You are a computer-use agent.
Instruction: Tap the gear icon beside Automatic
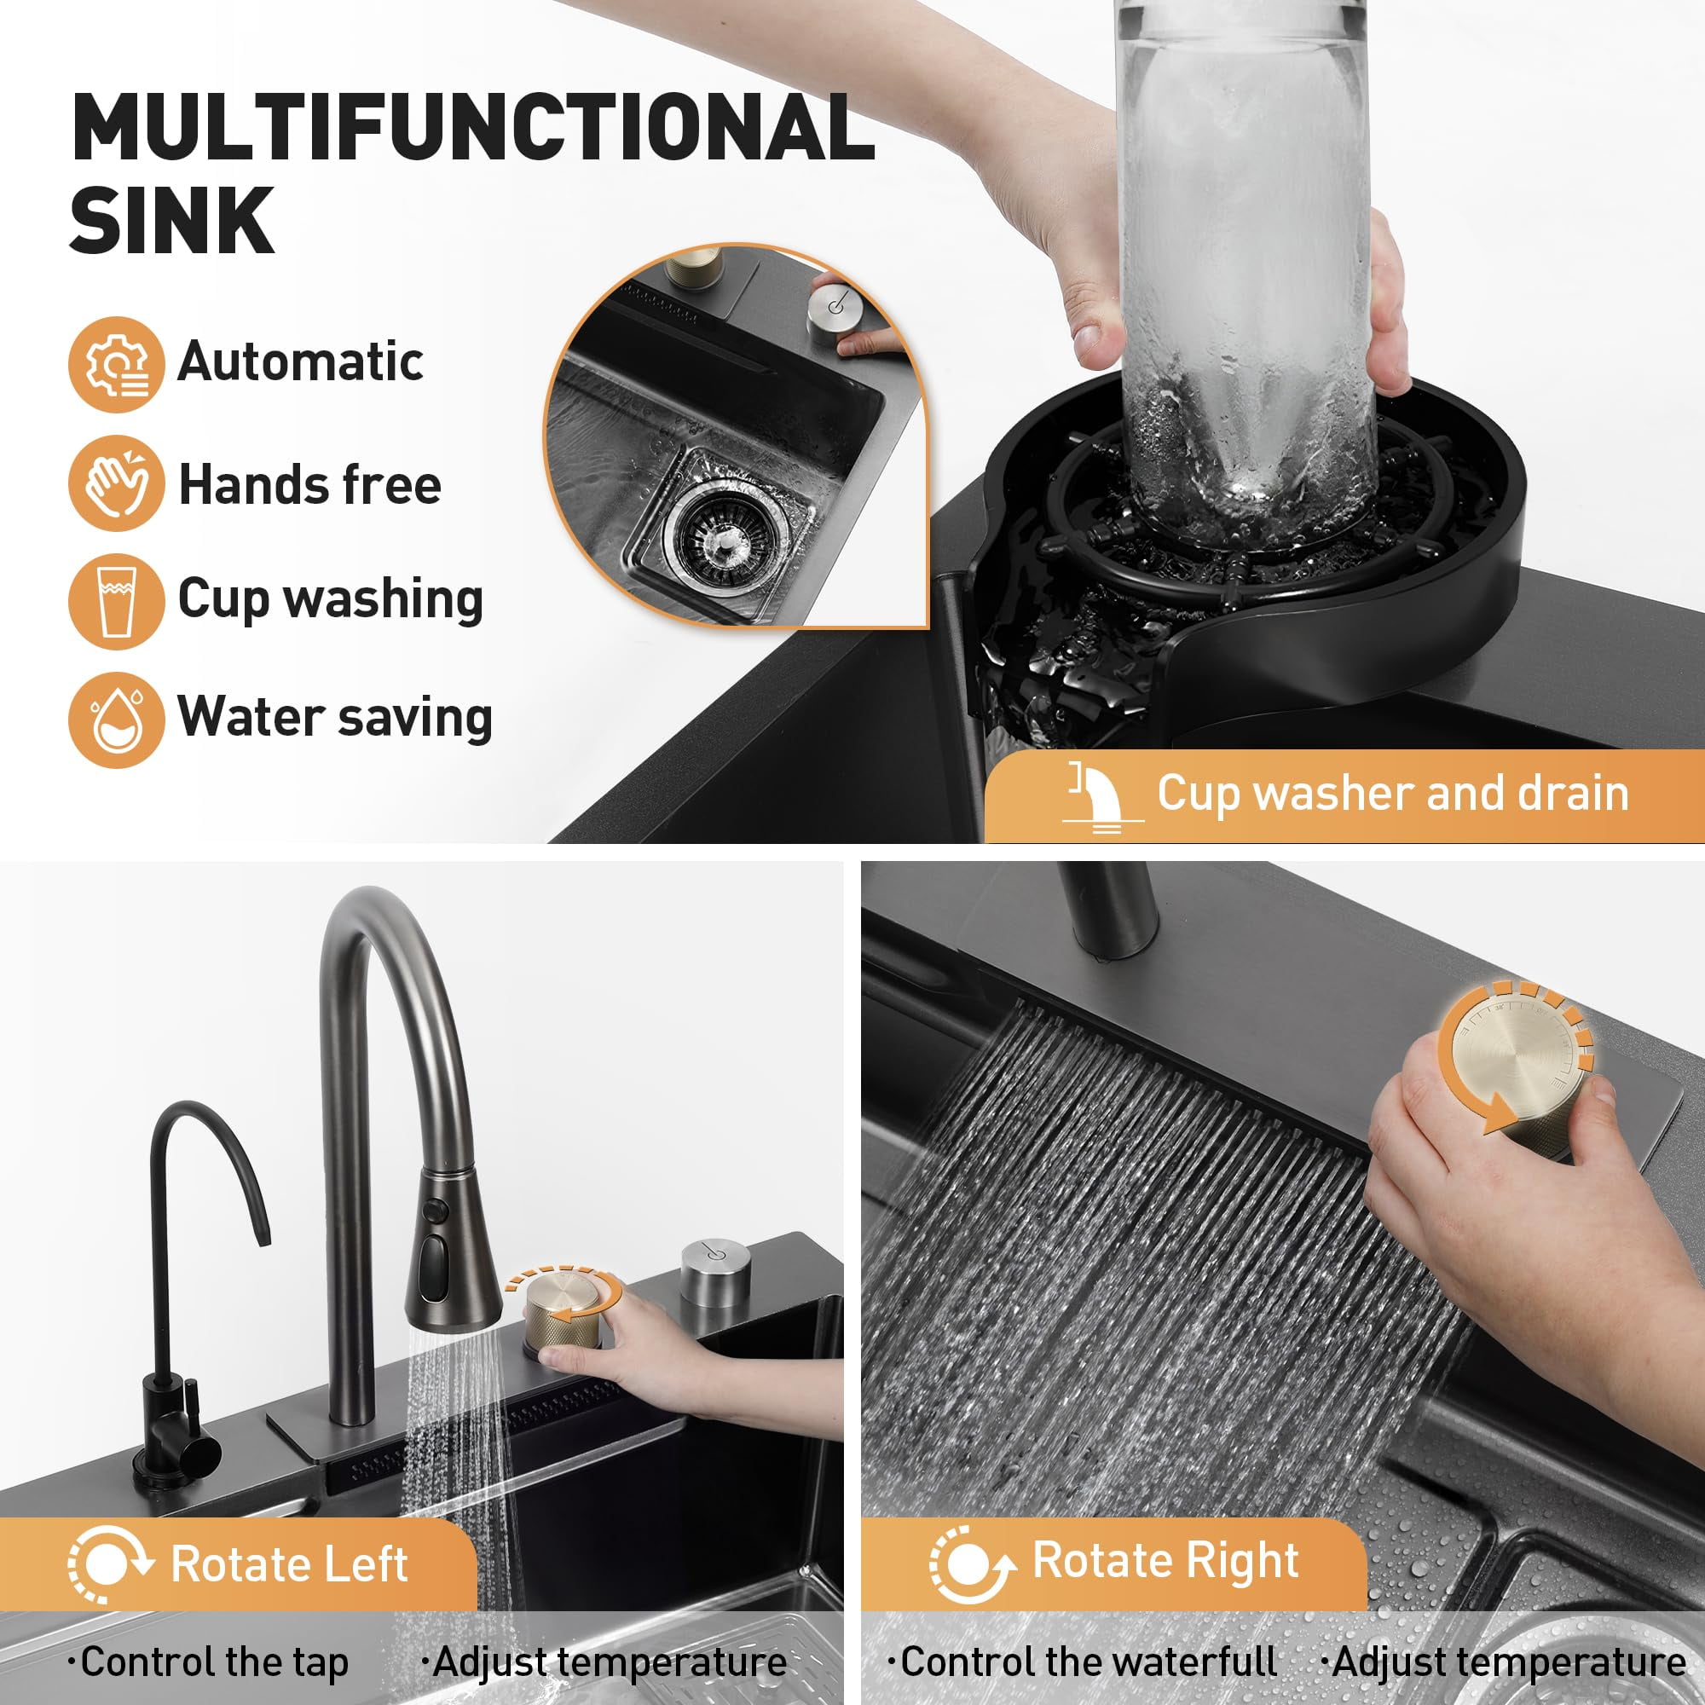117,365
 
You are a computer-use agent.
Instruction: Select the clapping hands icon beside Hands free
117,483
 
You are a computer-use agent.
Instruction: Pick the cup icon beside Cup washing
117,602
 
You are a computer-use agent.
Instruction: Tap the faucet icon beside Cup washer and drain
1103,796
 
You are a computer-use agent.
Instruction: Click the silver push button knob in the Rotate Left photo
716,1274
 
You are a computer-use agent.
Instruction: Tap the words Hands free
309,484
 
